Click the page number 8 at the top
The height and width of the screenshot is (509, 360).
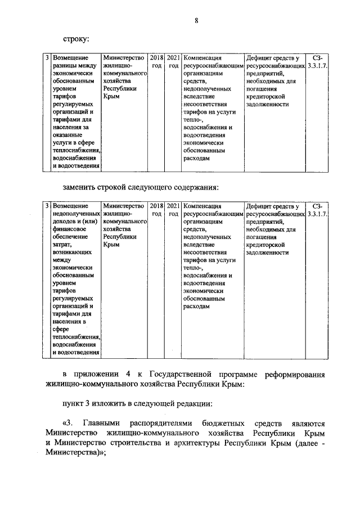(196, 21)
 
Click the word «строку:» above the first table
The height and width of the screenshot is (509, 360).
(76, 39)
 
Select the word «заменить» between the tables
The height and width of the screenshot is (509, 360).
(80, 187)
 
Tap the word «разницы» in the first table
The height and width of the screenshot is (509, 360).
(65, 66)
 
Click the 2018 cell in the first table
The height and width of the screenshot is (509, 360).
(157, 61)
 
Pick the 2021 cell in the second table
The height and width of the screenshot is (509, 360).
(174, 210)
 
